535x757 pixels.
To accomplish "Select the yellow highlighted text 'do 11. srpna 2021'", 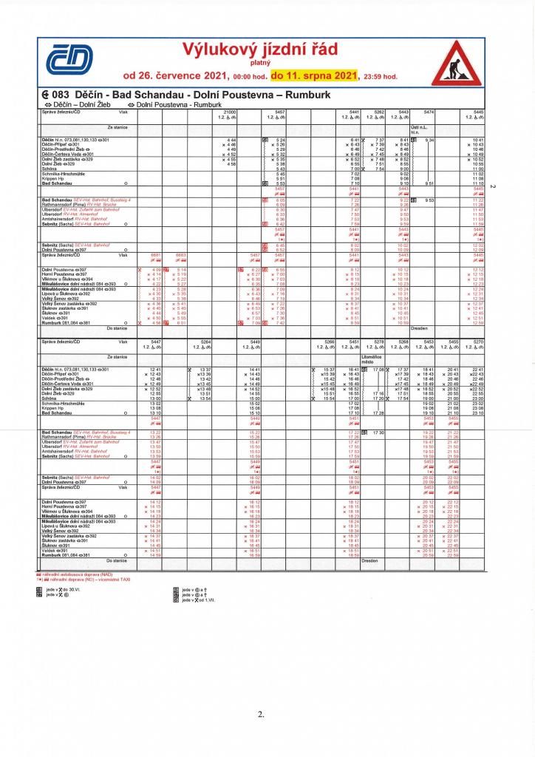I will [314, 75].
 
